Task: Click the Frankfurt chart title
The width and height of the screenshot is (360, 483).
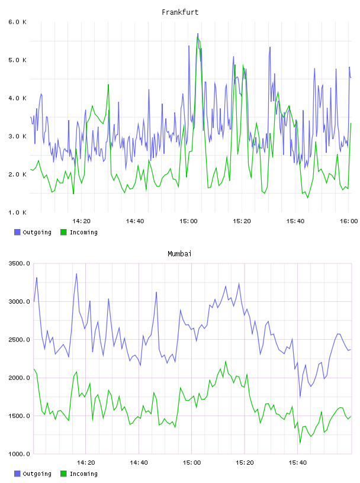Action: tap(180, 12)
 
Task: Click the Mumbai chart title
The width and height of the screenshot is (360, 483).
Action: tap(179, 254)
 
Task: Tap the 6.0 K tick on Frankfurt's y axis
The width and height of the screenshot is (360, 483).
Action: tap(17, 22)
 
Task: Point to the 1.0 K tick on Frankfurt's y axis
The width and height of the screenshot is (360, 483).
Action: tap(17, 212)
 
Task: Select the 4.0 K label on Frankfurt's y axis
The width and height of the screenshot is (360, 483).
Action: tap(17, 98)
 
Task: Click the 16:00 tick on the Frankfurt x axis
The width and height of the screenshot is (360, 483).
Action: tap(349, 221)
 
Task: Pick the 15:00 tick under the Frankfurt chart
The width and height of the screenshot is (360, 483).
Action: tap(188, 221)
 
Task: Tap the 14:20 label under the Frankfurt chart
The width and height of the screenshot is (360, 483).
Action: tap(81, 221)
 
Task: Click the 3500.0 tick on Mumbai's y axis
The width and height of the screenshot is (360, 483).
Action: tap(19, 263)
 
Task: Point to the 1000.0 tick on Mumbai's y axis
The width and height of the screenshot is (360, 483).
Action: tap(19, 454)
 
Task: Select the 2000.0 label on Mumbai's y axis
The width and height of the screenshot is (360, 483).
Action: tap(19, 378)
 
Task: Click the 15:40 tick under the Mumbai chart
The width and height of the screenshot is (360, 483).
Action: tap(298, 463)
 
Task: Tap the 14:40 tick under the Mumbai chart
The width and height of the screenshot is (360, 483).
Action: tap(139, 463)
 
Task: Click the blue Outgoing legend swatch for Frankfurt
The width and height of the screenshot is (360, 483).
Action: tap(17, 232)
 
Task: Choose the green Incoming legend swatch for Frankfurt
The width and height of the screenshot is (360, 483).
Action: tap(63, 232)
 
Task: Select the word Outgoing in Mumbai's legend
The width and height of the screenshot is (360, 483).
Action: tap(37, 474)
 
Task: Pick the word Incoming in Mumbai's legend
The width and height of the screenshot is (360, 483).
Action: tap(83, 474)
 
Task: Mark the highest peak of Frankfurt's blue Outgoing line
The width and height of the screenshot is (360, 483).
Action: tap(198, 33)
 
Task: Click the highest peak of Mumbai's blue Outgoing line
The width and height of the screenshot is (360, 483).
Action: tap(76, 274)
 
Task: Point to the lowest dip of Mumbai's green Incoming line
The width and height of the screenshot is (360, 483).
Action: tap(300, 443)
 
